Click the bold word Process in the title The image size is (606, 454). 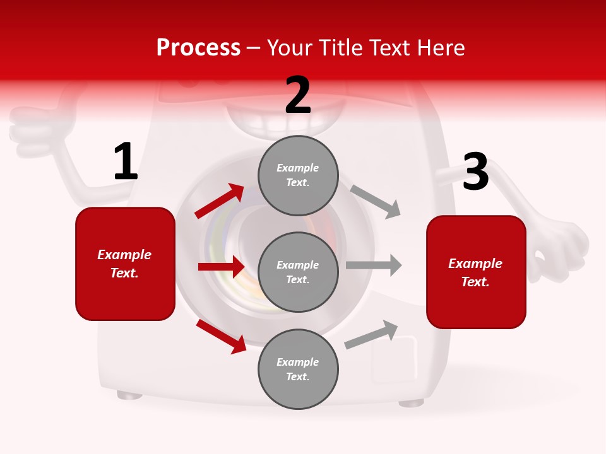pos(198,48)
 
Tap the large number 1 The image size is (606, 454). pos(126,162)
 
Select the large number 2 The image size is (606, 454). pos(298,95)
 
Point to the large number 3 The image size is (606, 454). pos(475,172)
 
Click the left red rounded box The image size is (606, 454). pos(125,264)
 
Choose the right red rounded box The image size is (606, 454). pos(476,272)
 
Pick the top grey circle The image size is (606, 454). pos(298,175)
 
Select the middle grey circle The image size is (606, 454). pos(298,272)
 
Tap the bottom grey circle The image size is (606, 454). pos(298,370)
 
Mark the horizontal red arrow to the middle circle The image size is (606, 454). pos(221,267)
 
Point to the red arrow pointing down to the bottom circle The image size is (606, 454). pos(221,336)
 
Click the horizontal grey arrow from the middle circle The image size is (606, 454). pos(374,265)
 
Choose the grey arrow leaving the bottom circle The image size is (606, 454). pos(371,334)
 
